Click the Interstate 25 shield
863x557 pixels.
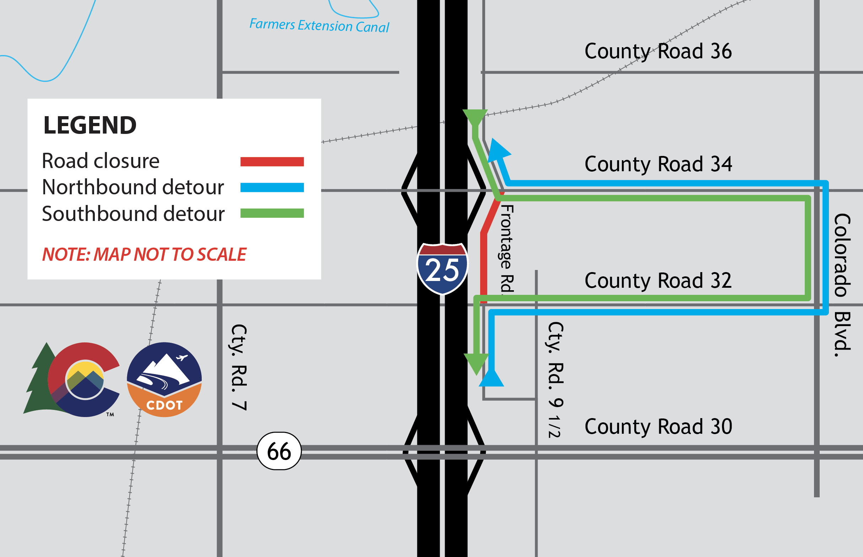click(442, 269)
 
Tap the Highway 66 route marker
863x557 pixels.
click(279, 451)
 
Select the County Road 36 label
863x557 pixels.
click(658, 52)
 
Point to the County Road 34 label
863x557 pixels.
click(658, 164)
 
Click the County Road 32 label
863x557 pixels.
click(658, 281)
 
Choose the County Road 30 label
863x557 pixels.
click(658, 427)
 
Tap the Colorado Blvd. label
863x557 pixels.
click(842, 285)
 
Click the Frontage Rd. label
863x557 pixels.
click(506, 249)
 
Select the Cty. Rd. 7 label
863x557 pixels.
click(239, 367)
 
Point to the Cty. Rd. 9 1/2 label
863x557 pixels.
click(555, 380)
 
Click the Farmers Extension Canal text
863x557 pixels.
click(319, 26)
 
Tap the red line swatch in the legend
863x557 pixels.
click(272, 162)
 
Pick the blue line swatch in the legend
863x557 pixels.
click(272, 187)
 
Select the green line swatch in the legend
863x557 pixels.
click(272, 213)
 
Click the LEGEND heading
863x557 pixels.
click(89, 125)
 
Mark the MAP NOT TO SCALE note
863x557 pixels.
click(144, 254)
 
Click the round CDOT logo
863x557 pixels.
click(164, 379)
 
